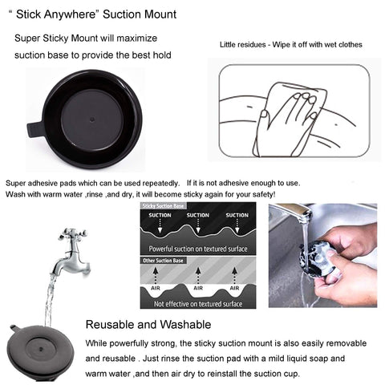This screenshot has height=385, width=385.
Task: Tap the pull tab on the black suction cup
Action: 34,130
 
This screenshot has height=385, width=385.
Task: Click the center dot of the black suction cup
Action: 92,120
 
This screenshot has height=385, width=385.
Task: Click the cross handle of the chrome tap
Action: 73,234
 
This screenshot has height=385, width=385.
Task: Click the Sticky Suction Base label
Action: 163,206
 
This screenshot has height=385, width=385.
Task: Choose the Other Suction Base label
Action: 163,261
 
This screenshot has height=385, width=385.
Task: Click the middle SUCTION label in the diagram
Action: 198,215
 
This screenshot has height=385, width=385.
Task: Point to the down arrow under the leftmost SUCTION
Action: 160,226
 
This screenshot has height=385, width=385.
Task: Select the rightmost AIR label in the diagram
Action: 234,288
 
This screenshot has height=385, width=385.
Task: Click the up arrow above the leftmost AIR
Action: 156,275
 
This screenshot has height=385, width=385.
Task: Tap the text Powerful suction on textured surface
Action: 198,249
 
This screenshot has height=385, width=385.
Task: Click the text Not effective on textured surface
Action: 198,304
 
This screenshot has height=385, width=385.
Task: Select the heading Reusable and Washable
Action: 148,325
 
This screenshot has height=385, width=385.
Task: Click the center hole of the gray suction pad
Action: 41,349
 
